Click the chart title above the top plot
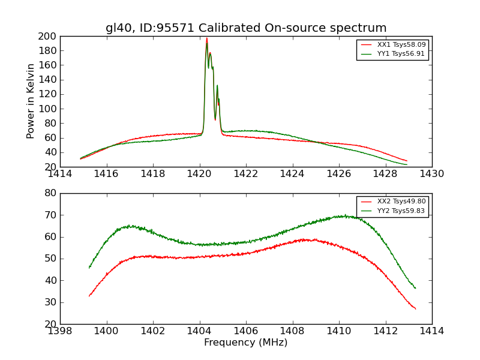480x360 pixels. tap(246, 28)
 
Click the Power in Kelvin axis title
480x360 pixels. tap(31, 101)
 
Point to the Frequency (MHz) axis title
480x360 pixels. tap(246, 343)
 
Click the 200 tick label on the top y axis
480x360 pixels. tap(47, 36)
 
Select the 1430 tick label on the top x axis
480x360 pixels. tap(432, 174)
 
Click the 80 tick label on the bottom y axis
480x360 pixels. tap(50, 193)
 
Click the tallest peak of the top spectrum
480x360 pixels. tap(207, 39)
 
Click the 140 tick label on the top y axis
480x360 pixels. tap(47, 80)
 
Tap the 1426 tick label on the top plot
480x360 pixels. tap(339, 174)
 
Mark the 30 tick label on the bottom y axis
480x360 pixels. tap(50, 302)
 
